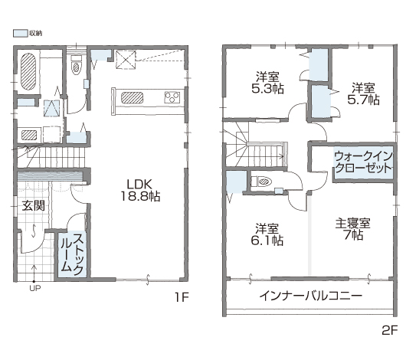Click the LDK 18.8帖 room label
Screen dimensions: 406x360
pos(140,191)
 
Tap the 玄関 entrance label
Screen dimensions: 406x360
pos(33,205)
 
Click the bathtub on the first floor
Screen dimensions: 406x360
pos(28,72)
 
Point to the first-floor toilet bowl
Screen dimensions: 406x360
pos(76,67)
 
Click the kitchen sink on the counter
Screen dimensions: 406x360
pos(132,98)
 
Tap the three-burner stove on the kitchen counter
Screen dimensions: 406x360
pos(172,97)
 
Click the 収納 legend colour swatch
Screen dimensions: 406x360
pos(20,33)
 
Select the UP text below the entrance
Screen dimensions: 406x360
pos(35,288)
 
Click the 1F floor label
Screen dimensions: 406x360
pos(182,297)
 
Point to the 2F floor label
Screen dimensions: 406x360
pos(390,330)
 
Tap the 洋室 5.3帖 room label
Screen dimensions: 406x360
pos(267,83)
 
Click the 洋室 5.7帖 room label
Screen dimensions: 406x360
pos(363,93)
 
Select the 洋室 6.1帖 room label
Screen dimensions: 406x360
pos(267,234)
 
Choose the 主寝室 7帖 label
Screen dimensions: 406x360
pos(353,229)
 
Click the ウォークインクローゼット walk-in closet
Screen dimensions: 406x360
pos(363,163)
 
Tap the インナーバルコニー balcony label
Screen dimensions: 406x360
pos(311,296)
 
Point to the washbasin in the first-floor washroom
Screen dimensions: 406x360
pos(29,135)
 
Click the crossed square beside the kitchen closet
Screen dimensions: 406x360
pos(126,60)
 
